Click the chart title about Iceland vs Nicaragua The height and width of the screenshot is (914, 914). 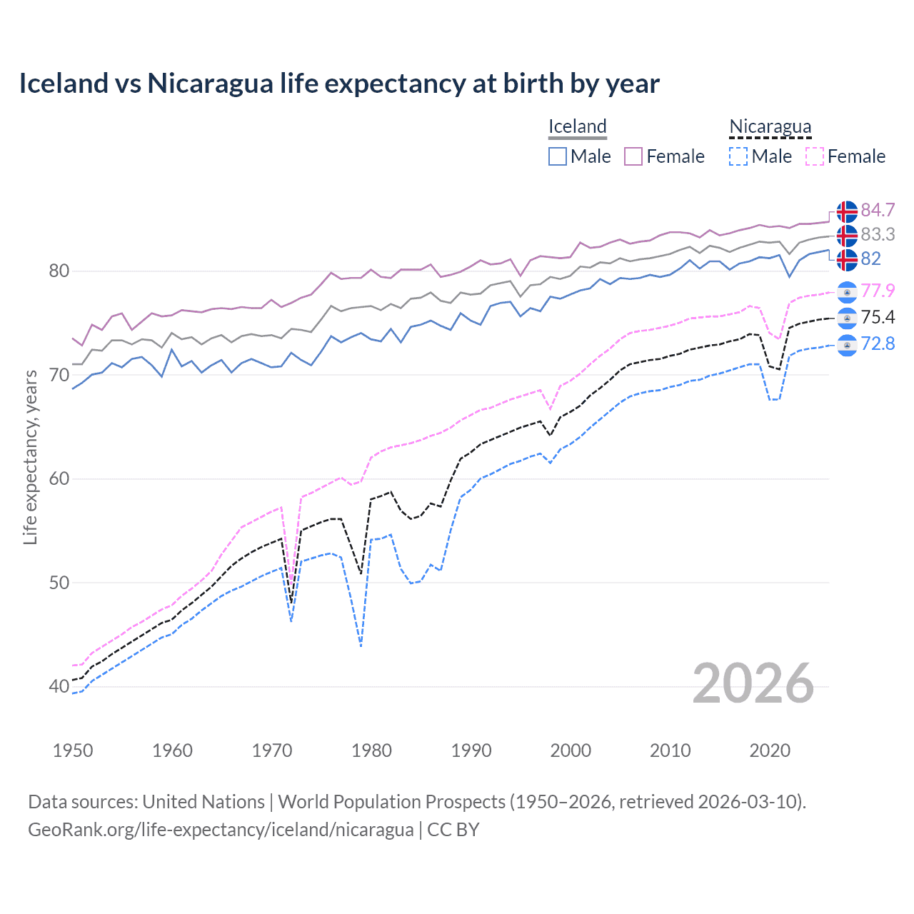coord(339,84)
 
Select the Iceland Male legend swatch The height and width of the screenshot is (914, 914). coord(558,156)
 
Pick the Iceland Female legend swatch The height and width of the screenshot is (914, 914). coord(633,156)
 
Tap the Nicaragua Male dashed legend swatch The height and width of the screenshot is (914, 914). coord(738,156)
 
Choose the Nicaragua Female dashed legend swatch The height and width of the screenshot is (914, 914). coord(815,156)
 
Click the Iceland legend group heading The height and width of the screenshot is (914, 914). coord(577,126)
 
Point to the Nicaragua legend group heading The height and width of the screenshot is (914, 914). coord(770,126)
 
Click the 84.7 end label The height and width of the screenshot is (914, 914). coord(878,210)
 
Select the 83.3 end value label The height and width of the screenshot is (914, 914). coord(878,234)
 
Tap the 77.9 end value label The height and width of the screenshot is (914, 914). coord(878,291)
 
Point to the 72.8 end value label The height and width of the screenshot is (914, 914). coord(878,343)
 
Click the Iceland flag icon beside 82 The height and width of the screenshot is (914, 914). coord(847,259)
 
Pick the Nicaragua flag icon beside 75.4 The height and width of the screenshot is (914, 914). coord(847,318)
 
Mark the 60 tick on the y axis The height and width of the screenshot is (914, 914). coord(59,478)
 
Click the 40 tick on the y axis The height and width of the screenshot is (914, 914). coord(59,686)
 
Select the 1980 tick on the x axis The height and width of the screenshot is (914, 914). coord(371,750)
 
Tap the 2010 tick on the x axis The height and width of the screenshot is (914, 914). coord(670,750)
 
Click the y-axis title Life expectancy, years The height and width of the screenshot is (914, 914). coord(31,457)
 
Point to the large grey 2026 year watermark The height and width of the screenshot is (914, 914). coord(753,683)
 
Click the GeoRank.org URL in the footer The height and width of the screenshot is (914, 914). coord(221,830)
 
